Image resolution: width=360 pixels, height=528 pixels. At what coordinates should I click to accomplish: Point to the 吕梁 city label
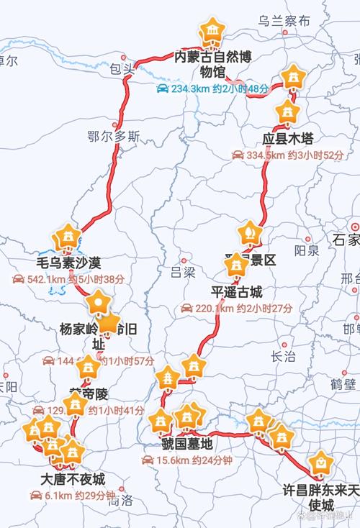(x=184, y=271)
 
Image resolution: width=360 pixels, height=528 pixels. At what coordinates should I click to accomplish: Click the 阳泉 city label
(x=307, y=250)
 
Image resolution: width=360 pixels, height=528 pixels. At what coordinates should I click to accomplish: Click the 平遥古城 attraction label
(x=237, y=292)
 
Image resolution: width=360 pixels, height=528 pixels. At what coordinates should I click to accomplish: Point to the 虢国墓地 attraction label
(x=188, y=443)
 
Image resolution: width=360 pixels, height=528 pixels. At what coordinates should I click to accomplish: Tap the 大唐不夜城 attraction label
(x=73, y=479)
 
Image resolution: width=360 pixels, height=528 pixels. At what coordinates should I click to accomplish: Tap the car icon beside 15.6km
(x=148, y=460)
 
